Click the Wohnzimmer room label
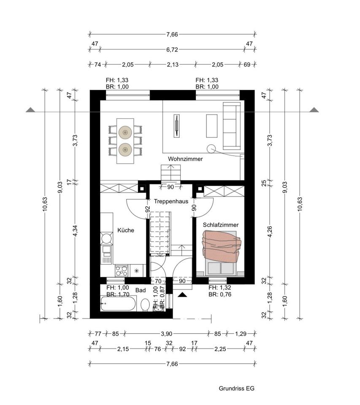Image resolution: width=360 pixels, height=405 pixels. pos(185,159)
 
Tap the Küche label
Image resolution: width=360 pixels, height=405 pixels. pos(126,230)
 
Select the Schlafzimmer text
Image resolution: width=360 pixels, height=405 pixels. pos(220,225)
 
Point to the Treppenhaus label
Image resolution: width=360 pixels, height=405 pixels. pos(171,202)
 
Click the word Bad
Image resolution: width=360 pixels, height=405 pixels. pos(141,290)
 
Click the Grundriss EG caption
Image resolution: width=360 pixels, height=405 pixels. pos(236,389)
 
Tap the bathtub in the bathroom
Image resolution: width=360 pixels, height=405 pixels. pos(118,303)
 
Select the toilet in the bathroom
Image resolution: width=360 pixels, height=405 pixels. pos(145,305)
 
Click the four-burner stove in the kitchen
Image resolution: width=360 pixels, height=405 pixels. pos(122,271)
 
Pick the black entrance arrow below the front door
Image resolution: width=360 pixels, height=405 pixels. pos(182,294)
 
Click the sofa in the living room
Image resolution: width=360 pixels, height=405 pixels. pos(232,126)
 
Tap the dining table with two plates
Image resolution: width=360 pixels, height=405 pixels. pos(125,141)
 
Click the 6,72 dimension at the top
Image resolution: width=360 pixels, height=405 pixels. pos(172,49)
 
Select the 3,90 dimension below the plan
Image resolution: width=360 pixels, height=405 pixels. pos(166,334)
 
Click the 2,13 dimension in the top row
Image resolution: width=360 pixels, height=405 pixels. pos(172,64)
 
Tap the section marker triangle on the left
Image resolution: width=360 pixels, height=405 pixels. pos(30,110)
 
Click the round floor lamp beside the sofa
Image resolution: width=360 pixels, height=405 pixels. pos(211,148)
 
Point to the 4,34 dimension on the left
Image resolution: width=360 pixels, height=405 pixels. pos(76,231)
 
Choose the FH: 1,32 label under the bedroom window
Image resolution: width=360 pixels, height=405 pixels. pos(219,287)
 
